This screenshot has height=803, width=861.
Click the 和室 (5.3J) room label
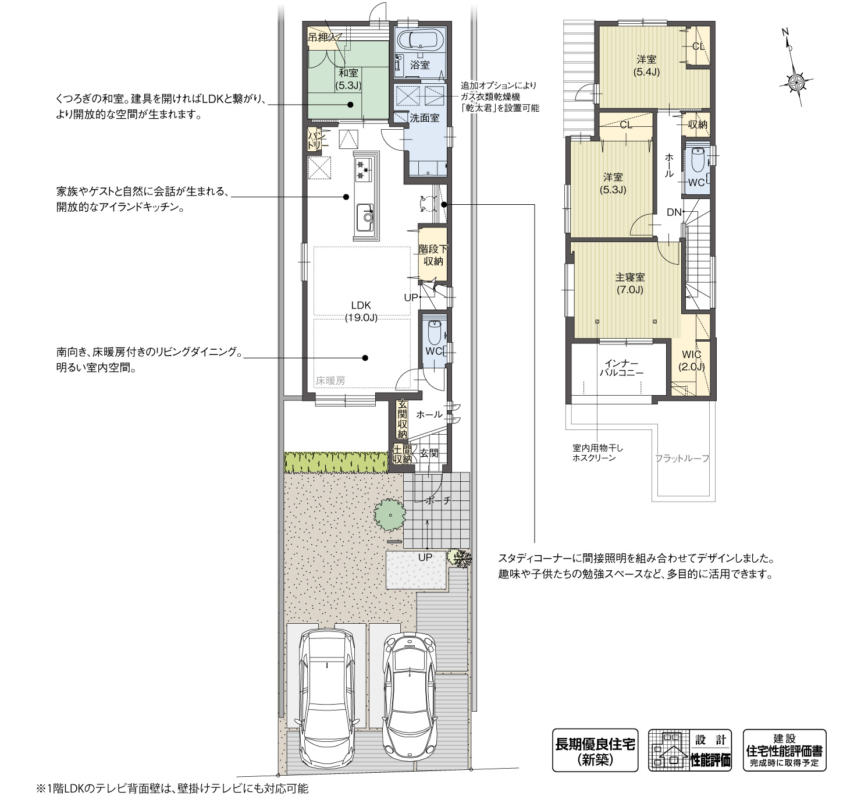[348, 79]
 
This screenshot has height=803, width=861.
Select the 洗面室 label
[425, 118]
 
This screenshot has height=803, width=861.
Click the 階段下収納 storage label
[433, 255]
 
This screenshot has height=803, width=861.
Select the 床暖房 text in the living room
[330, 381]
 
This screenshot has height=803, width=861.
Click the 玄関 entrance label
[429, 453]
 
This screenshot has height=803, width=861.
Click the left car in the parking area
[327, 698]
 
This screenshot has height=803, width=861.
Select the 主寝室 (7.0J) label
[629, 283]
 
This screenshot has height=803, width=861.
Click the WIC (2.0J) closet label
[691, 360]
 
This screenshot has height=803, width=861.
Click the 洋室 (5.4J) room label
[646, 65]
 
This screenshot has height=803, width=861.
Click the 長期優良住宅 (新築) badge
[595, 751]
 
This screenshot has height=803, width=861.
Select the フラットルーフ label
[682, 459]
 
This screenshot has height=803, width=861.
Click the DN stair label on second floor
[674, 212]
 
